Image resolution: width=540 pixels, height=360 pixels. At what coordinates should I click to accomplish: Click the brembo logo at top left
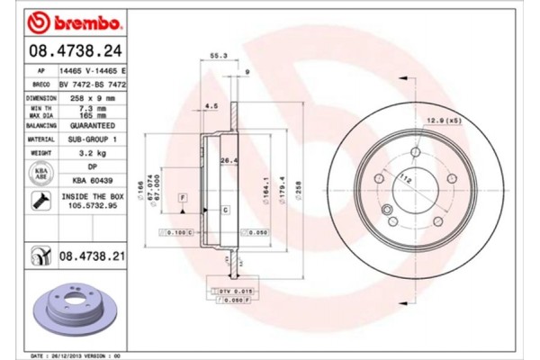(67, 21)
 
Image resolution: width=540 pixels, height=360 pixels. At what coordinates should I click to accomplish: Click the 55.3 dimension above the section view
(217, 56)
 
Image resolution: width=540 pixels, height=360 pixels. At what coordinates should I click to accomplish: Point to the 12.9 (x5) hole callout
(440, 121)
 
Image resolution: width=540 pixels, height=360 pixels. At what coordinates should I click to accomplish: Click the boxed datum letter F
(182, 196)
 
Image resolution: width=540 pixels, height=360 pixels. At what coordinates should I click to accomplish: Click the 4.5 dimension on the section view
(212, 106)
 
